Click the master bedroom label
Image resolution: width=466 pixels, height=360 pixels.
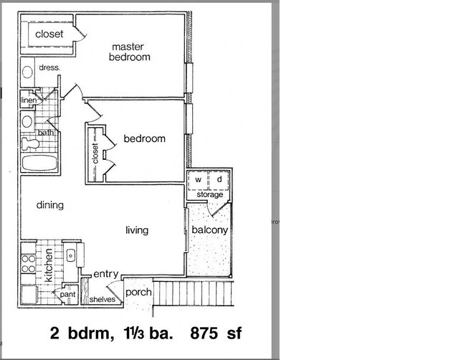(130, 52)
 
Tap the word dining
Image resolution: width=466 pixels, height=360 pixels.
(50, 205)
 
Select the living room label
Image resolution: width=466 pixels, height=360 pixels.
(137, 230)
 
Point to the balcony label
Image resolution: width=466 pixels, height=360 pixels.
(210, 229)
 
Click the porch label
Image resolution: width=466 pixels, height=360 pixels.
(138, 293)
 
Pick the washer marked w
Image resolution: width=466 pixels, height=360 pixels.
(198, 179)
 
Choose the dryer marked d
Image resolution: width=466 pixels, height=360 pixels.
(219, 179)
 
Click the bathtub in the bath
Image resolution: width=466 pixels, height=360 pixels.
(39, 164)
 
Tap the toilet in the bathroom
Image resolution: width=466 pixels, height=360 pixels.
(30, 143)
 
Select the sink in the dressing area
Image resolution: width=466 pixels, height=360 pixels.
(27, 72)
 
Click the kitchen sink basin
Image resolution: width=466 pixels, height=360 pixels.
(70, 255)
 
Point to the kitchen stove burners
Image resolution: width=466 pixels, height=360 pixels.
(29, 264)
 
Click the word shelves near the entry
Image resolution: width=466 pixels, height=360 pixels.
(103, 299)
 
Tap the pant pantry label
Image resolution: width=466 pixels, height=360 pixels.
(68, 295)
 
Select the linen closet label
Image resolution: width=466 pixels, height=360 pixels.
(29, 100)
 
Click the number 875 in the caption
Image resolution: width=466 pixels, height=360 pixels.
(204, 333)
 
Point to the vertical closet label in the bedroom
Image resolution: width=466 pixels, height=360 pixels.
(95, 153)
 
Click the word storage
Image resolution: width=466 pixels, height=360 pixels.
(210, 195)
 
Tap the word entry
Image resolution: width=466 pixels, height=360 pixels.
(106, 274)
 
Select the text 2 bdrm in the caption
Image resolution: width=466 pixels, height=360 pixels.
(82, 333)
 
